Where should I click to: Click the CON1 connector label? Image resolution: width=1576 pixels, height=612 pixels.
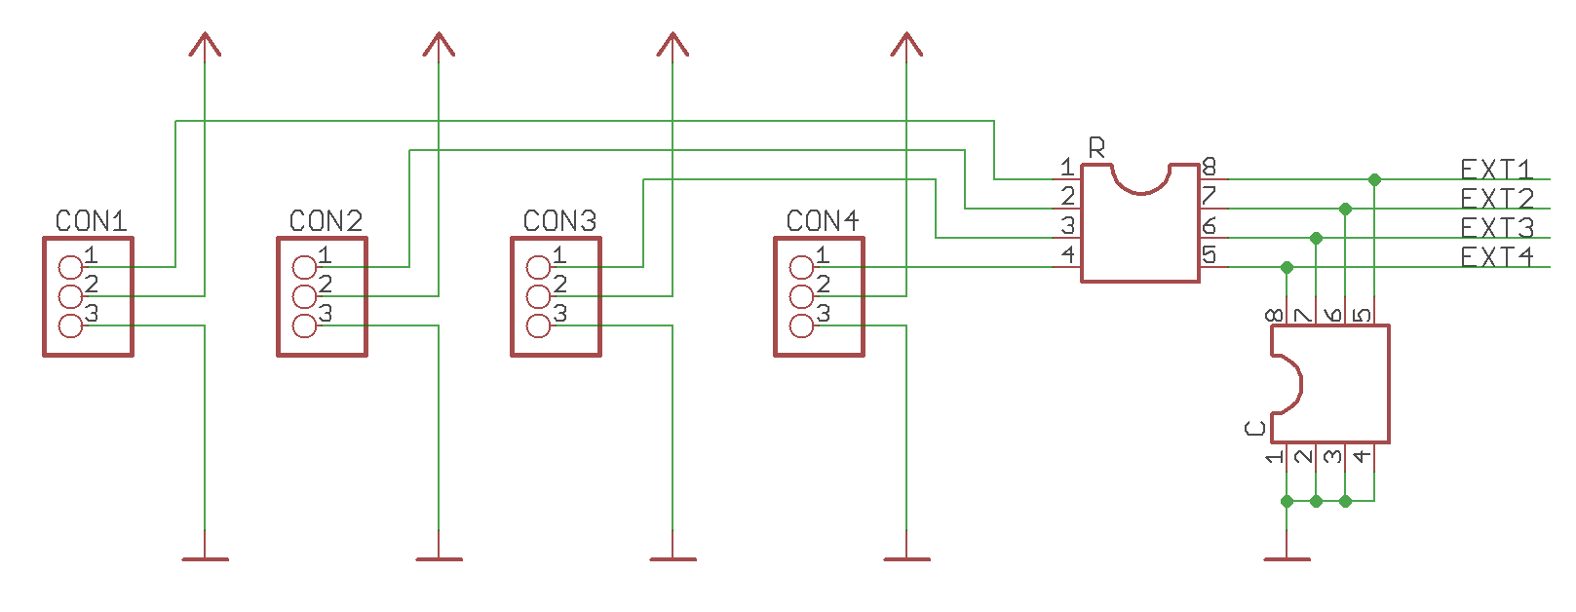(91, 221)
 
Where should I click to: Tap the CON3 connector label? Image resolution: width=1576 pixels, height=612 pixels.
(559, 221)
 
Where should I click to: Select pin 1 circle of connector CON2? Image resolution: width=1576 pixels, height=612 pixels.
(305, 267)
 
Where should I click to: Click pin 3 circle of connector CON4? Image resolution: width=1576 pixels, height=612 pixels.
(801, 325)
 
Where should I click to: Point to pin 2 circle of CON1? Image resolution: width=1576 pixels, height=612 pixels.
(70, 296)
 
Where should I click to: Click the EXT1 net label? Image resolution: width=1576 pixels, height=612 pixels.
(1496, 170)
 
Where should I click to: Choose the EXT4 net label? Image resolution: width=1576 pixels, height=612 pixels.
(1496, 257)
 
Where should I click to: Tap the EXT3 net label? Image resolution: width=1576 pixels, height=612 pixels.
(1496, 228)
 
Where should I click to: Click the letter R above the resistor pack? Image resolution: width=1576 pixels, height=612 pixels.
(1096, 148)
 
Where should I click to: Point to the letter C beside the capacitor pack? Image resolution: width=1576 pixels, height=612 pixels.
(1255, 428)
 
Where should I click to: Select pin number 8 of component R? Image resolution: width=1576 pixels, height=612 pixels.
(1209, 168)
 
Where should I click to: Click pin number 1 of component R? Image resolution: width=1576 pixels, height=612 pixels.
(1068, 168)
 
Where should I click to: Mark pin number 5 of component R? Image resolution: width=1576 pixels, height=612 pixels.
(1209, 255)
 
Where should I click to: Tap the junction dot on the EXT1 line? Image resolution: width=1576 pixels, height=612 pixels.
(1374, 179)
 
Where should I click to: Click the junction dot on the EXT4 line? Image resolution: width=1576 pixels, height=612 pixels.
(1287, 267)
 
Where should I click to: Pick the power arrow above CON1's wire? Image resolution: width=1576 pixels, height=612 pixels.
(205, 44)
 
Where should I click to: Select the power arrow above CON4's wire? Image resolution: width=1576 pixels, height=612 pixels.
(906, 44)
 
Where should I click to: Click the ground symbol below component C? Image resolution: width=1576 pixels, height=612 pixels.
(1287, 558)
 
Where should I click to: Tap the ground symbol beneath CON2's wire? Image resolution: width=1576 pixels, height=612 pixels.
(439, 558)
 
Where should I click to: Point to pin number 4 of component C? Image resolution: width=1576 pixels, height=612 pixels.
(1362, 455)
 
